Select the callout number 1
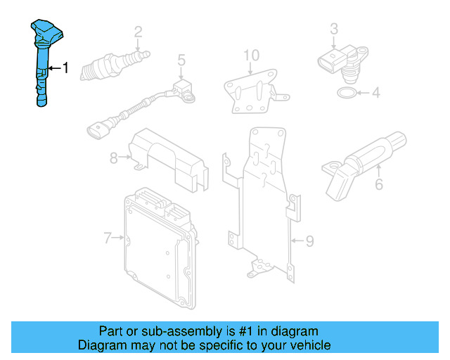point(66,68)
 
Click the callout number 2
point(138,32)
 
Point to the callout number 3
point(334,29)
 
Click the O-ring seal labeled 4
point(346,93)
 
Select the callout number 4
point(375,92)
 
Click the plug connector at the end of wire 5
point(98,130)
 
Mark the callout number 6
point(379,185)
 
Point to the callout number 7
point(108,238)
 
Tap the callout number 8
point(113,158)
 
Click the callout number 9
point(309,241)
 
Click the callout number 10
point(251,55)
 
